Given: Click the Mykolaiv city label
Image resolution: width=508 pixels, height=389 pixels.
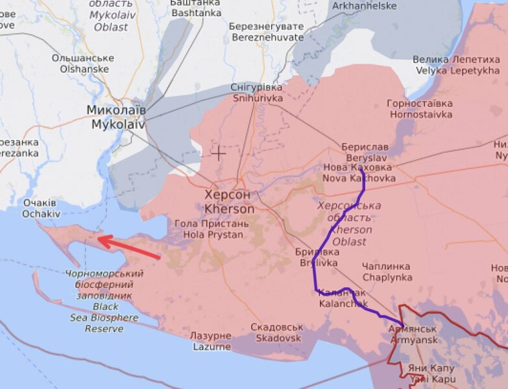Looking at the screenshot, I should [117, 117].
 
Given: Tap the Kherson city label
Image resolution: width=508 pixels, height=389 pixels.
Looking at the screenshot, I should [228, 202].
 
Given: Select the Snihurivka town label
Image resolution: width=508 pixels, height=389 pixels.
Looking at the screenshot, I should [257, 93].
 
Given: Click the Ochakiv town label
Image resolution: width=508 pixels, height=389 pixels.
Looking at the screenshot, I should [41, 208].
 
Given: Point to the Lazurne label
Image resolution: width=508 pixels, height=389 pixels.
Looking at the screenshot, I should [211, 341].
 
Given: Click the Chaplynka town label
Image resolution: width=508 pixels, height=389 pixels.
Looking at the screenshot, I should [387, 272].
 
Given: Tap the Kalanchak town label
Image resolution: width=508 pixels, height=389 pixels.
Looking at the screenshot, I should [343, 298].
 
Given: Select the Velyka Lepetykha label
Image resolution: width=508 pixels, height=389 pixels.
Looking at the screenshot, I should [457, 65].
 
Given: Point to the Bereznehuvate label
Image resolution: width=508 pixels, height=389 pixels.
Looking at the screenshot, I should [266, 32].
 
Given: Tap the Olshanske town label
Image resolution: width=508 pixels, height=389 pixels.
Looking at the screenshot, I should [82, 63].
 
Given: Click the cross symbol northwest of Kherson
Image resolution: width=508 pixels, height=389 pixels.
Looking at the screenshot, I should [219, 153].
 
